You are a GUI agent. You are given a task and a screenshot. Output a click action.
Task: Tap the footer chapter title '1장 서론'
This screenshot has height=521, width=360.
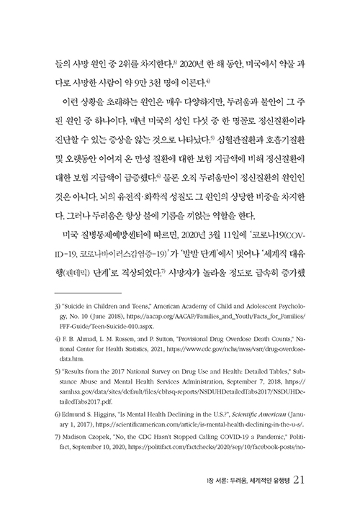pos(217,479)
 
